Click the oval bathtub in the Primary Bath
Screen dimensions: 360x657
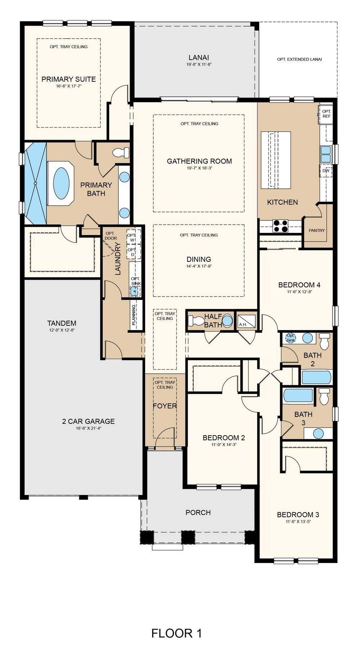(61, 183)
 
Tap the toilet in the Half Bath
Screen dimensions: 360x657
(195, 320)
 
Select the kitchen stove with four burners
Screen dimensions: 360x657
(280, 226)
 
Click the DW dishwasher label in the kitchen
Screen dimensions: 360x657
(326, 171)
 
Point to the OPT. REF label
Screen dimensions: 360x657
(327, 114)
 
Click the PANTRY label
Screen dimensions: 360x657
(317, 230)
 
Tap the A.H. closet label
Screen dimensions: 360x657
(243, 324)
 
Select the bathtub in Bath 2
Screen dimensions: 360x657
(316, 377)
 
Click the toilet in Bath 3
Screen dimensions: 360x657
(324, 396)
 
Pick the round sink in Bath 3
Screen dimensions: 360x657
(318, 433)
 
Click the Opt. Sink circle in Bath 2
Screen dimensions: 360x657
(291, 338)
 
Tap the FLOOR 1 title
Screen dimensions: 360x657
(176, 633)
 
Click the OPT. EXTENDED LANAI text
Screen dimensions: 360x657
(300, 59)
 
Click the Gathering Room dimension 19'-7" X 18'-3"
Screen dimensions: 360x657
(199, 168)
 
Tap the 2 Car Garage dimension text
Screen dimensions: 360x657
(89, 428)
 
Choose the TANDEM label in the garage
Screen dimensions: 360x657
(62, 323)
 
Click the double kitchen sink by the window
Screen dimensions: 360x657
(326, 154)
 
